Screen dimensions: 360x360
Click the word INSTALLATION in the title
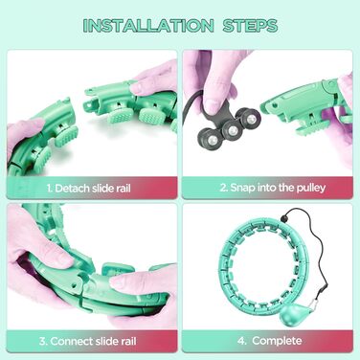(148, 26)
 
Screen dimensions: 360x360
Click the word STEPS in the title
(250, 26)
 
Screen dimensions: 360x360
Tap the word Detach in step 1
(72, 189)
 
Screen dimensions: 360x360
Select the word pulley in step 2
(311, 188)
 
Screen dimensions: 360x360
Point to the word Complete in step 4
(277, 341)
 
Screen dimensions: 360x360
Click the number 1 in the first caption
(49, 189)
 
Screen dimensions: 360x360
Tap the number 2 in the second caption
(224, 188)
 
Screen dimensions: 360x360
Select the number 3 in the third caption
(43, 341)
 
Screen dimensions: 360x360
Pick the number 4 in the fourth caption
(241, 341)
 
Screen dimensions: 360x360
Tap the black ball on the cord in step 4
(284, 217)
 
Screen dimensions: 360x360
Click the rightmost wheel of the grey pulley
(250, 118)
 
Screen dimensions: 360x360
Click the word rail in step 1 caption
(121, 189)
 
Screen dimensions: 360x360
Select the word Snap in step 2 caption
(242, 188)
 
